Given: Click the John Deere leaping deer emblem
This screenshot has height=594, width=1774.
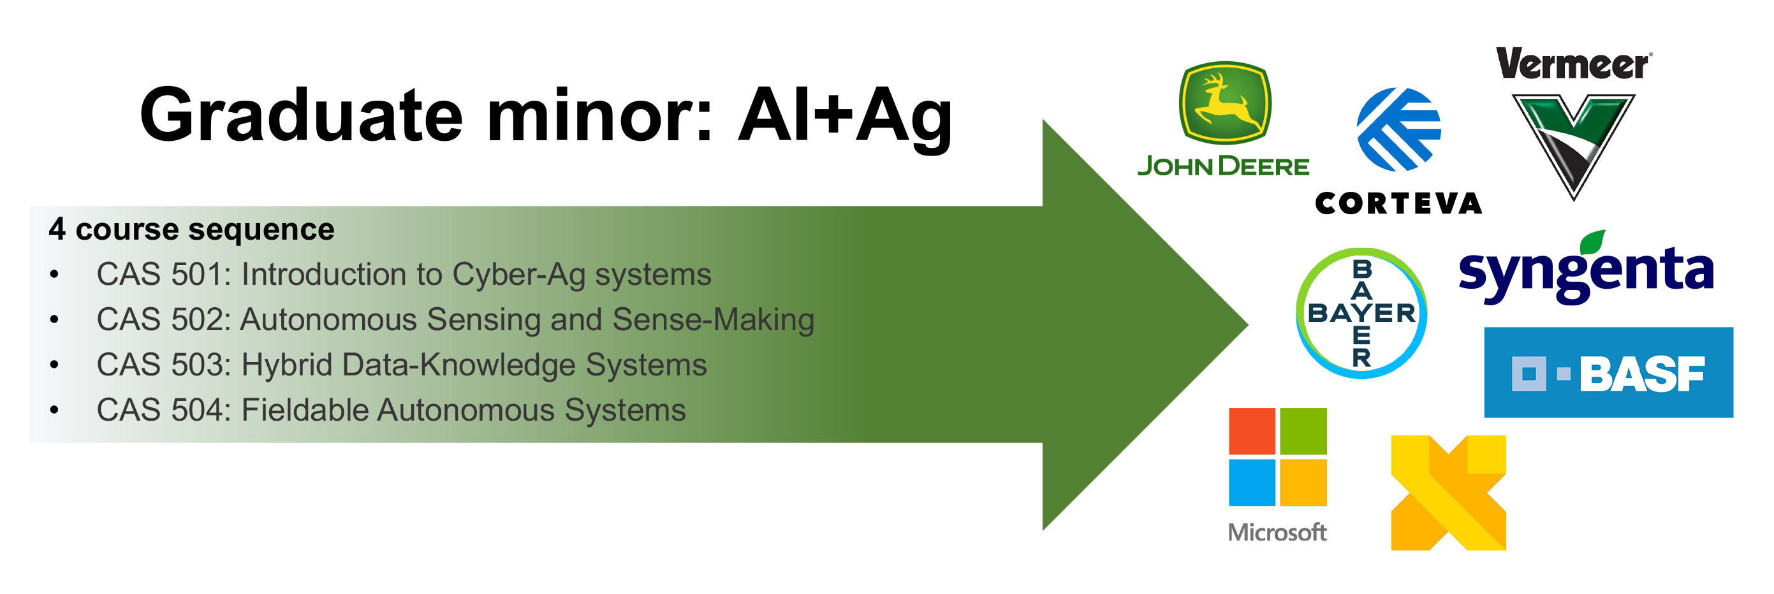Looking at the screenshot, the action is (1224, 103).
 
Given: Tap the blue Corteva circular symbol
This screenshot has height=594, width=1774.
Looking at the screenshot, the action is (1398, 129).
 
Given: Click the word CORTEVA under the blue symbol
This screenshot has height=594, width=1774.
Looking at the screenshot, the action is (1398, 203).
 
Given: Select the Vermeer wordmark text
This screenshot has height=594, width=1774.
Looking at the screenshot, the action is (1573, 63).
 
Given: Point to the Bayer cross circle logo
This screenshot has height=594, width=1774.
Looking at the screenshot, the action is (1361, 313).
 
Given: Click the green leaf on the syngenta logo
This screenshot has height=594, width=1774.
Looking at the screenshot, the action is (1594, 242).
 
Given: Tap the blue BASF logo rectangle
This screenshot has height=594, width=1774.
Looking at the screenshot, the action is (1608, 372).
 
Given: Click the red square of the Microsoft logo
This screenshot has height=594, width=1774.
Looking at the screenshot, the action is (1252, 431).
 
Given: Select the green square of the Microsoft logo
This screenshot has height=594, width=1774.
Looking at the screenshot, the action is (1303, 431).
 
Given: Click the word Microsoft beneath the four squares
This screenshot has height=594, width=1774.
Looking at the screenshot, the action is (1277, 532).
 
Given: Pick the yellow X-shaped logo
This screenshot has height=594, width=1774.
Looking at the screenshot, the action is (1448, 493).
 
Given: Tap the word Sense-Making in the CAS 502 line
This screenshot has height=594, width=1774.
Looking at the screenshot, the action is (714, 320).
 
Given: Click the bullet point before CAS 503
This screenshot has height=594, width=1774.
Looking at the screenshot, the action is (54, 365).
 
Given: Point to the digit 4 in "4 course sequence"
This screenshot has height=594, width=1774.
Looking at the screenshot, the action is (57, 229).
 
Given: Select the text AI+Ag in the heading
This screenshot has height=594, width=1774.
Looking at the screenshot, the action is (846, 117).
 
